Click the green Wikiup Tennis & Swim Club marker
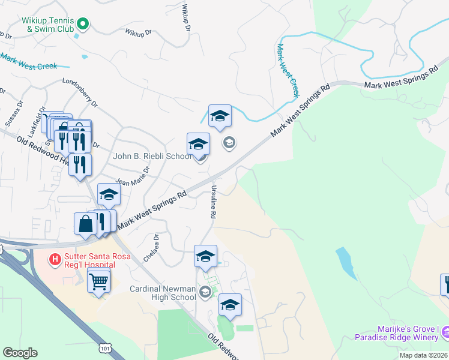(x=84, y=24)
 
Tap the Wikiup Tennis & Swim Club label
(x=48, y=24)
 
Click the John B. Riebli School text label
(x=152, y=157)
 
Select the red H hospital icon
(x=55, y=259)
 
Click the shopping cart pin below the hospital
(x=99, y=280)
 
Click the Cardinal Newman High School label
(x=163, y=292)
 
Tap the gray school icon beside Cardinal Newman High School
(x=205, y=292)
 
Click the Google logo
(x=20, y=352)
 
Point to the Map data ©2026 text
(x=423, y=355)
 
